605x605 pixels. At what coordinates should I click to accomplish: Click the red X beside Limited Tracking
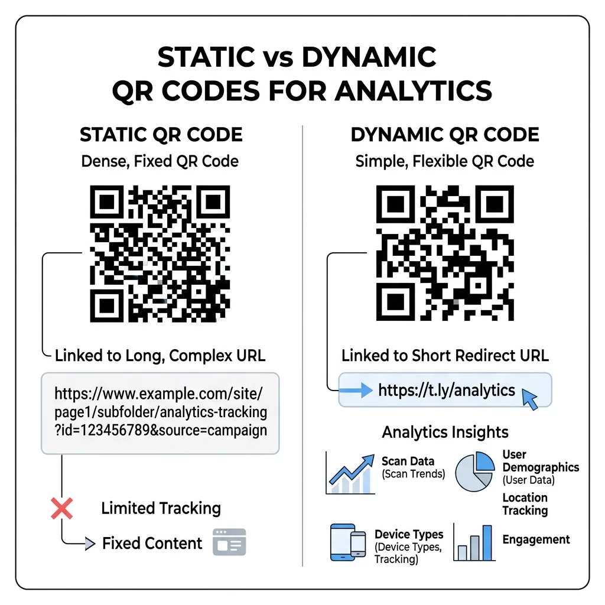(61, 508)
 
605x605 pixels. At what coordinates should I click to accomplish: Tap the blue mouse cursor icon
(529, 399)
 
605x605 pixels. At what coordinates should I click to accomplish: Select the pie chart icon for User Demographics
(475, 471)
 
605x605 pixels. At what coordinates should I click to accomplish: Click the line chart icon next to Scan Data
(350, 474)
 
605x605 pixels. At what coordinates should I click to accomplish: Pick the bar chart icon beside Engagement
(474, 542)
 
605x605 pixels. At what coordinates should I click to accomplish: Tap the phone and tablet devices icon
(347, 542)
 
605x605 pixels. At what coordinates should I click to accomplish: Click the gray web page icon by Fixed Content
(229, 542)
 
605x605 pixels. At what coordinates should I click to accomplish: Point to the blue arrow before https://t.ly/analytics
(356, 390)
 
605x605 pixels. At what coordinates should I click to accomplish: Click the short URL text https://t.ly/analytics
(447, 390)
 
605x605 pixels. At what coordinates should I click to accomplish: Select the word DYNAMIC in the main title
(369, 57)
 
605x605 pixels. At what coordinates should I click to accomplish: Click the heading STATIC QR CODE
(161, 135)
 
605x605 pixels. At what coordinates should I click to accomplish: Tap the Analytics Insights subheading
(445, 432)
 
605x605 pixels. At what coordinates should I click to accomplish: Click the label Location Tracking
(525, 504)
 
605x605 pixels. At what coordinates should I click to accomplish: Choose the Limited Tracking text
(161, 508)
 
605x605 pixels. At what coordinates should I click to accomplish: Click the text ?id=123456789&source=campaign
(161, 430)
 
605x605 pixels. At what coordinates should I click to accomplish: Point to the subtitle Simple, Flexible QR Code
(444, 161)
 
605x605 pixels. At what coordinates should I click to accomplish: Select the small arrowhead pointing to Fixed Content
(90, 544)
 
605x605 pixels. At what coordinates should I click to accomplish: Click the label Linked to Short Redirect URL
(445, 355)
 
